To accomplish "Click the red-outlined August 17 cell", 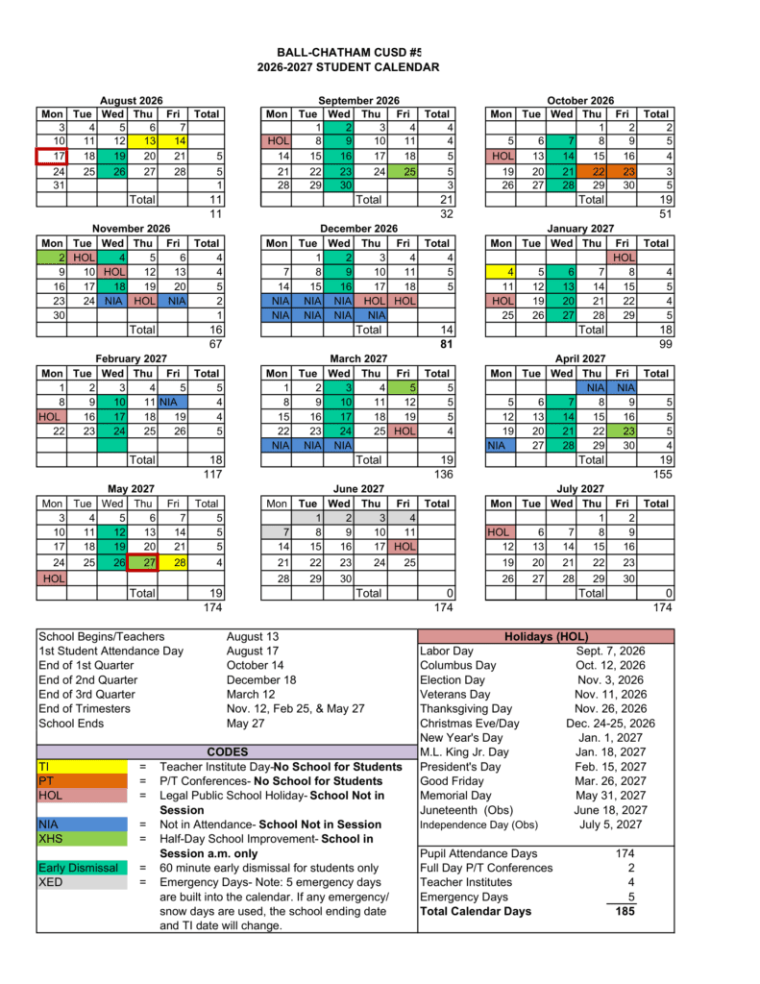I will tap(52, 156).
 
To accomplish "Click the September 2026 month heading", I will tap(358, 100).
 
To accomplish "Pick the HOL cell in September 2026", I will tap(277, 141).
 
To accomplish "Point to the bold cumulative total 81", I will tap(445, 343).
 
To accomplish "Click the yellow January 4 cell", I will tap(502, 272).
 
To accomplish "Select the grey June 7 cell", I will tap(277, 532).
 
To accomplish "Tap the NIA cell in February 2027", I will tap(174, 402).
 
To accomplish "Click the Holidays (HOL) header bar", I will tap(546, 636).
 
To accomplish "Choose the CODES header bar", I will tap(227, 751).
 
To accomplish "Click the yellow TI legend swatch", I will tap(82, 767).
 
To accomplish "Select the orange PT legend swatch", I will tap(82, 781).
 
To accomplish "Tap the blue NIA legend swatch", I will tap(82, 824).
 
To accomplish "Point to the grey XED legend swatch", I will tap(82, 882).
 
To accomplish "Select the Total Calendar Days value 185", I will tap(624, 911).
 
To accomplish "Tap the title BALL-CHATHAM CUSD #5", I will tap(349, 52).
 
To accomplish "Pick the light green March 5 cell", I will tap(408, 387).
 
